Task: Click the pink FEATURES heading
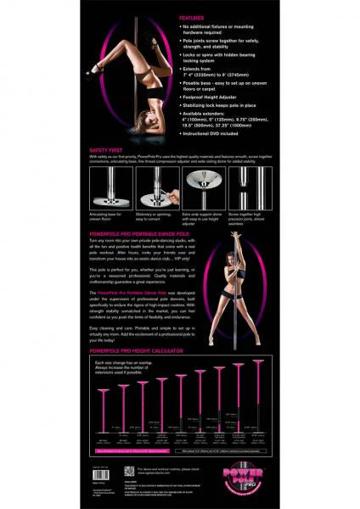(192, 17)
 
